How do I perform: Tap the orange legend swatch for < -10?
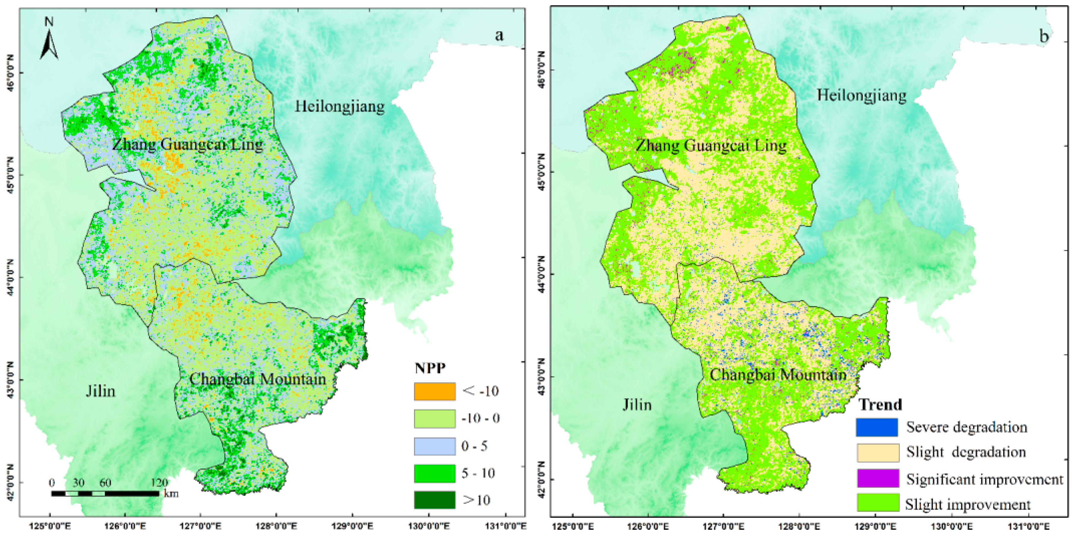(x=434, y=391)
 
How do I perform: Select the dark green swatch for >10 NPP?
(x=434, y=500)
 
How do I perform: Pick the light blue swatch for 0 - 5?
(x=434, y=446)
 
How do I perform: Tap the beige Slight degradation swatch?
(x=878, y=453)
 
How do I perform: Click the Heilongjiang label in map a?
(x=340, y=106)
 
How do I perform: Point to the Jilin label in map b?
(x=637, y=404)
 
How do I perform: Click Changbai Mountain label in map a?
(x=257, y=379)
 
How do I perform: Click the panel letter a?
(x=499, y=36)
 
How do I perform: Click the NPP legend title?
(x=430, y=368)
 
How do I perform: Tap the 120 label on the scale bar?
(x=159, y=483)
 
